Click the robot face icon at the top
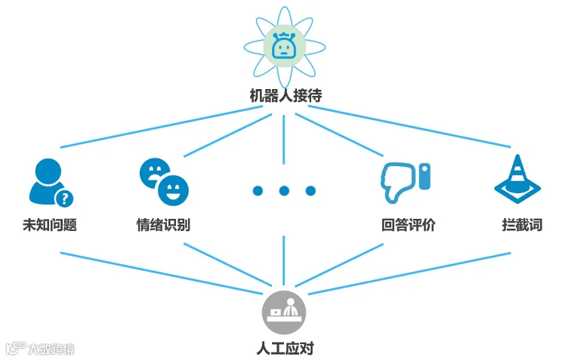pos(283,48)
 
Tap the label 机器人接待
pos(283,96)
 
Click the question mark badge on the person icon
pos(66,198)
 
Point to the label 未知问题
pos(50,225)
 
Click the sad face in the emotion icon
pos(152,171)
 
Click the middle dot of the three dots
pos(284,191)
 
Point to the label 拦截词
pos(521,225)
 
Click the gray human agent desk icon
pos(283,310)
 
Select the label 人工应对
pos(284,349)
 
